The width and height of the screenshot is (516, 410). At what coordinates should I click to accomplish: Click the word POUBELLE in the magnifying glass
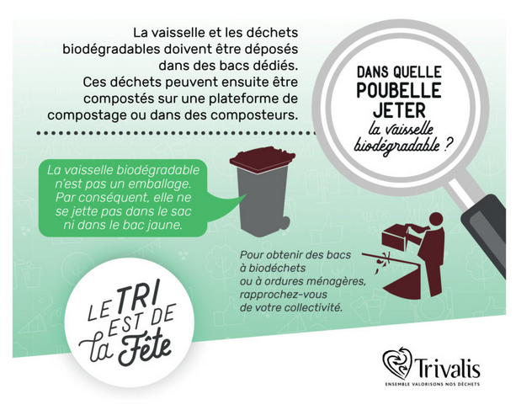399,90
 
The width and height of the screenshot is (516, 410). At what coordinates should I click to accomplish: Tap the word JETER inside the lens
399,110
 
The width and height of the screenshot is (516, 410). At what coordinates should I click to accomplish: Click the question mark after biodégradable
446,146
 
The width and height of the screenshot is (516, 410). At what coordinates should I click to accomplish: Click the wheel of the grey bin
284,223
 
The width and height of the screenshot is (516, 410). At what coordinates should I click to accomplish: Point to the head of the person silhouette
436,220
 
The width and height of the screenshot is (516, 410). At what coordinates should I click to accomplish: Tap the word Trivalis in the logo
447,368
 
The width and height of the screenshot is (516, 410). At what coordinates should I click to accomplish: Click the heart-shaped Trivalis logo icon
397,363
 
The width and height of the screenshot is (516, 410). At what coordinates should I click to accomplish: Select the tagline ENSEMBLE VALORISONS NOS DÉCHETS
433,384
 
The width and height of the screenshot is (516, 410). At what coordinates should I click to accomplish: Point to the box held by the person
395,237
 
